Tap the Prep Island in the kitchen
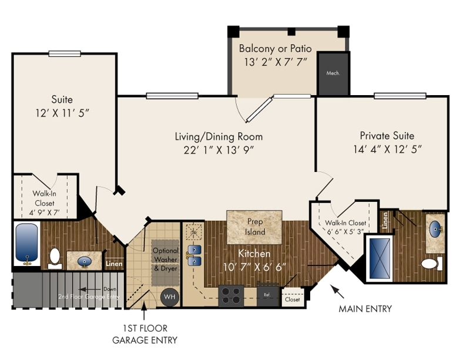click(254, 227)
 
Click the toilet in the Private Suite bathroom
click(431, 264)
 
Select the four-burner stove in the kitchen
click(231, 293)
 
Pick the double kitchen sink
click(194, 256)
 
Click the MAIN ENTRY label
click(365, 309)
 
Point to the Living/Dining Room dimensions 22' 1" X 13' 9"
click(219, 150)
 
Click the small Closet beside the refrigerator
click(291, 298)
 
